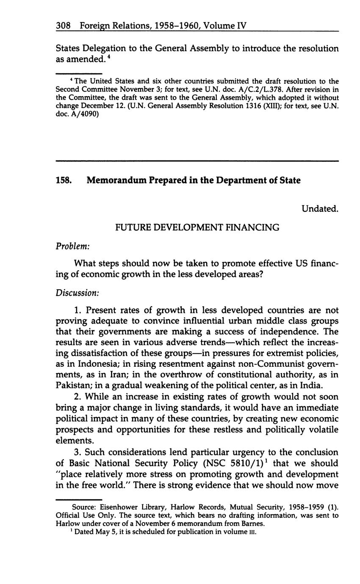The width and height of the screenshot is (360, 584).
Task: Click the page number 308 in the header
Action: click(x=63, y=26)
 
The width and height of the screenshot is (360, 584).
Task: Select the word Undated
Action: click(x=320, y=208)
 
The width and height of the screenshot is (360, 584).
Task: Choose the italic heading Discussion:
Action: click(x=78, y=293)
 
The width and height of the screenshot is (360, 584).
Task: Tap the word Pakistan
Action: click(x=73, y=385)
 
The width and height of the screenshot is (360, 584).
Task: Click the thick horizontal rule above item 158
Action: click(x=197, y=161)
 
